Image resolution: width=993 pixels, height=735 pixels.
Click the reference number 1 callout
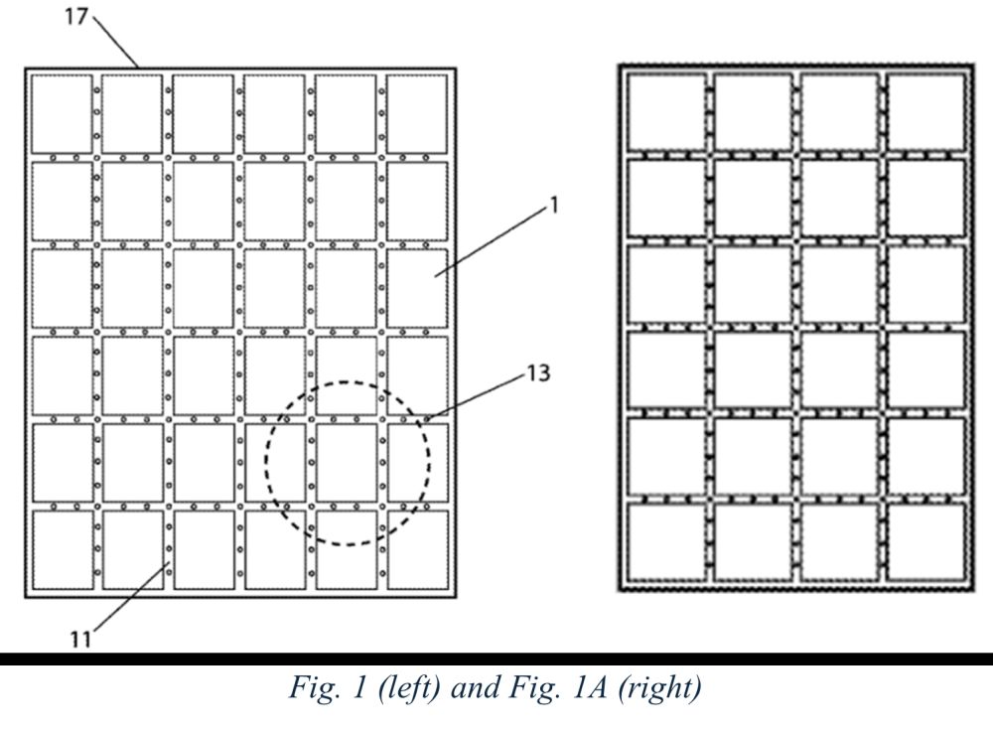tap(553, 207)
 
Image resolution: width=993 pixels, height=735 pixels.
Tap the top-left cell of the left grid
tap(61, 113)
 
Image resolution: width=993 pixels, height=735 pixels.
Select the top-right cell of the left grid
tap(417, 113)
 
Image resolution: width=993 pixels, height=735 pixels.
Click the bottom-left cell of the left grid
tap(61, 549)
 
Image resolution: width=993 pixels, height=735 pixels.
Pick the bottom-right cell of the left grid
tap(417, 549)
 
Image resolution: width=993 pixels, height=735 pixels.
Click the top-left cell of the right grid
tap(666, 111)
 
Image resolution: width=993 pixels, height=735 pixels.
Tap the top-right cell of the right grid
tap(925, 111)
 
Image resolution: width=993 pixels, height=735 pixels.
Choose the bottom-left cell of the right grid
tap(666, 542)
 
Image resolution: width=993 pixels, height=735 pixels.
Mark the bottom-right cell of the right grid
tap(925, 542)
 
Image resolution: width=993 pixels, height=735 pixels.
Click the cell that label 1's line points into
tap(417, 287)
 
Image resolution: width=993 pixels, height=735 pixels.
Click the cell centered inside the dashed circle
tap(347, 462)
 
